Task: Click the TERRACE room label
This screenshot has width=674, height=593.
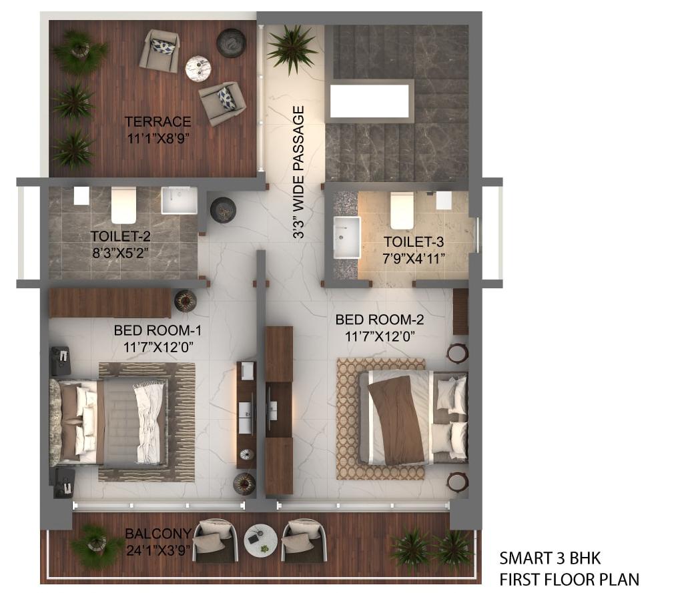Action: click(x=157, y=121)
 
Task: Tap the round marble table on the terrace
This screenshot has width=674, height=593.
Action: click(x=199, y=68)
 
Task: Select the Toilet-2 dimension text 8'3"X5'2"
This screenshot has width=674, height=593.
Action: click(x=120, y=253)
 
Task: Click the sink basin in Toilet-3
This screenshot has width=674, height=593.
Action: click(x=346, y=237)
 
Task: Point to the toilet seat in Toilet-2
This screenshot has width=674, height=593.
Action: click(x=124, y=205)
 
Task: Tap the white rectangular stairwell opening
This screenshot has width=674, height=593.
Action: click(x=369, y=101)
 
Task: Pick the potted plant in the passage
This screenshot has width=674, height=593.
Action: click(x=292, y=48)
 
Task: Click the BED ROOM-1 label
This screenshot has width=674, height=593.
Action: click(x=157, y=330)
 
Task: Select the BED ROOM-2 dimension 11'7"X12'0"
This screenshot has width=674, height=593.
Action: click(x=380, y=336)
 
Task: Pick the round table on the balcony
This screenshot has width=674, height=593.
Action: click(x=260, y=540)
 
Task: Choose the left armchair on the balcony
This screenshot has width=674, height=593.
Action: click(x=215, y=540)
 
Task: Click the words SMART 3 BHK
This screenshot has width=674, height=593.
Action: click(x=550, y=558)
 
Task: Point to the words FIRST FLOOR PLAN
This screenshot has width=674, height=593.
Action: click(x=569, y=580)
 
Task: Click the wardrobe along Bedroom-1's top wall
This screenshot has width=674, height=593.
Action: click(x=110, y=303)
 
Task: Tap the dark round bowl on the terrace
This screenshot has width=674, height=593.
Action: click(x=232, y=43)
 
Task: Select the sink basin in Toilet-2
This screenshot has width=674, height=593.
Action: click(x=180, y=200)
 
